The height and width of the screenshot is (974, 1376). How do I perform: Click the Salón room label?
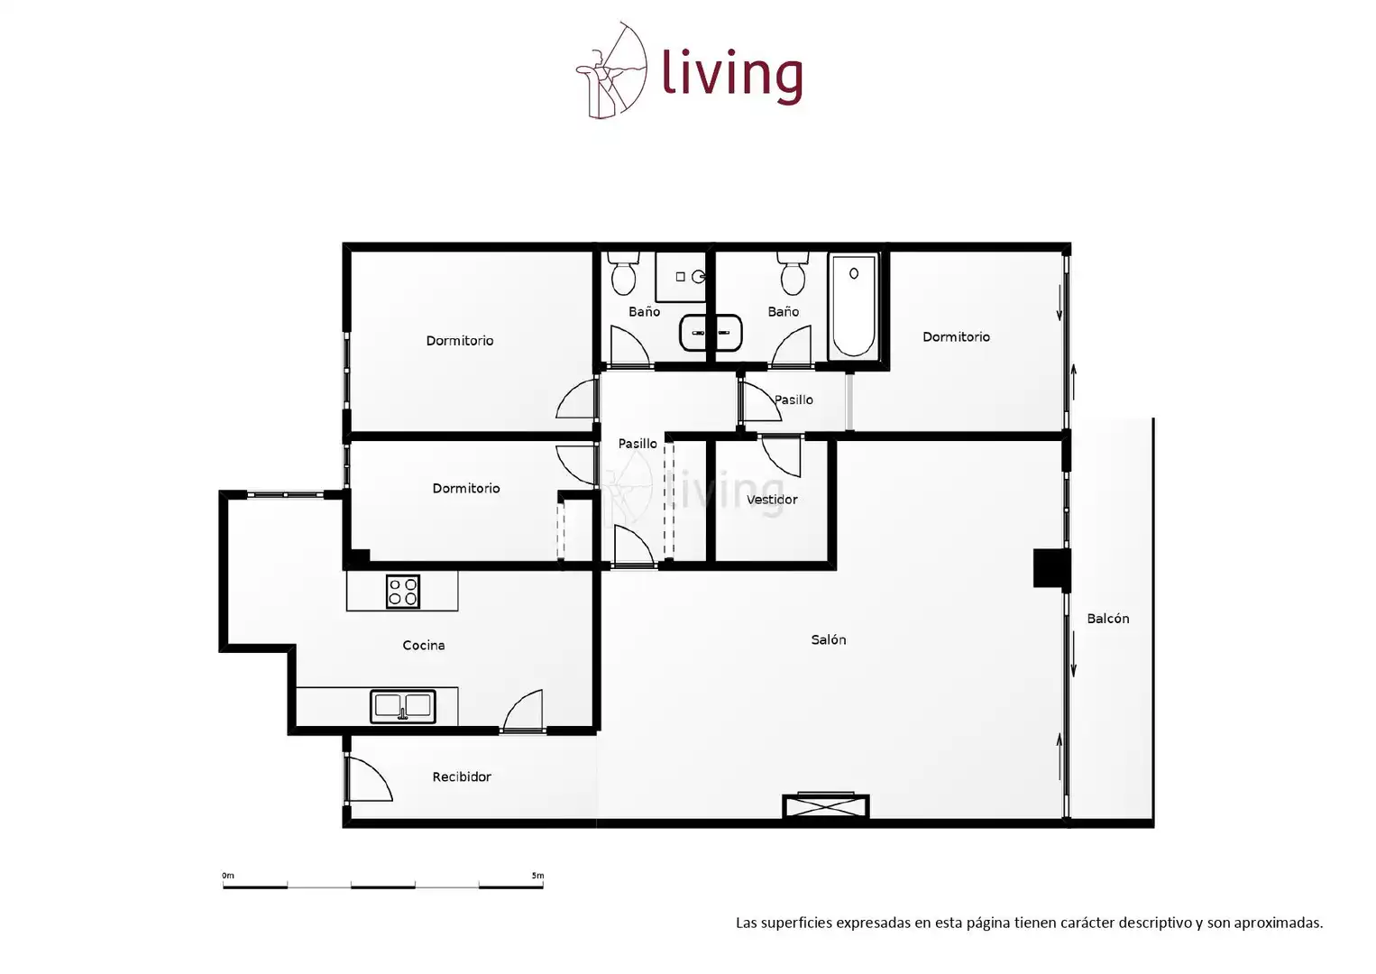[x=828, y=639]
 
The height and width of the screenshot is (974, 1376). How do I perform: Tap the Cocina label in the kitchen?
[x=423, y=645]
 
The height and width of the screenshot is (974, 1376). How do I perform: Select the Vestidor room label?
[x=772, y=500]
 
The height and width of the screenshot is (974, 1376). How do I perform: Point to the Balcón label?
[x=1107, y=619]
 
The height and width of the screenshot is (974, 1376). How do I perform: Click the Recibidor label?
[x=462, y=776]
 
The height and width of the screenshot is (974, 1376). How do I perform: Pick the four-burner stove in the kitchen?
[x=403, y=591]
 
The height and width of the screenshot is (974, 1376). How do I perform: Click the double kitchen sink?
[x=403, y=706]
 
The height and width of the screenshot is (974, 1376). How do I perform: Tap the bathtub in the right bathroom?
[x=853, y=306]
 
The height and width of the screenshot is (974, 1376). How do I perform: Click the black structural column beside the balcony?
[x=1051, y=568]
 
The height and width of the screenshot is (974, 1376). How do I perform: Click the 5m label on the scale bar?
[x=537, y=876]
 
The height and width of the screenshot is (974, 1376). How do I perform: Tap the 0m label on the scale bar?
[x=228, y=876]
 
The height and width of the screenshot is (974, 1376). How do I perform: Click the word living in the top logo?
[x=732, y=76]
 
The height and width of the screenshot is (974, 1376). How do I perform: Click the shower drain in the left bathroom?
[x=680, y=277]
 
